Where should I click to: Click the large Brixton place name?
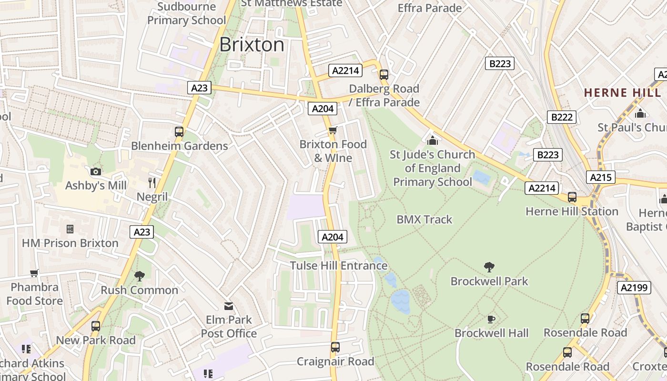[252, 45]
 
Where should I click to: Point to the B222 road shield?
[562, 117]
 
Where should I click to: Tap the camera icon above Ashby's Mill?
[96, 171]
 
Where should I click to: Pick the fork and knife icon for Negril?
[152, 182]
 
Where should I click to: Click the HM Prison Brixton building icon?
[70, 229]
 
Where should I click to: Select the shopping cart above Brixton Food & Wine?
[333, 130]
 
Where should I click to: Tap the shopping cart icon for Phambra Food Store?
[34, 273]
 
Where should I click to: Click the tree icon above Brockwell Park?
[489, 267]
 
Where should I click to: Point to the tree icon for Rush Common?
[139, 276]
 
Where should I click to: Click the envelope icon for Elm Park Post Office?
[229, 305]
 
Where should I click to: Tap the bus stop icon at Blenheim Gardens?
[179, 132]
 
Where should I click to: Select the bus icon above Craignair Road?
[335, 347]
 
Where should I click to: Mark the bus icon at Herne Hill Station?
[572, 197]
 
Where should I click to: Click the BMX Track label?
[424, 220]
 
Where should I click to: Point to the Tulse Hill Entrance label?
[338, 266]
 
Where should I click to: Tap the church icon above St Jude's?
[432, 140]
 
